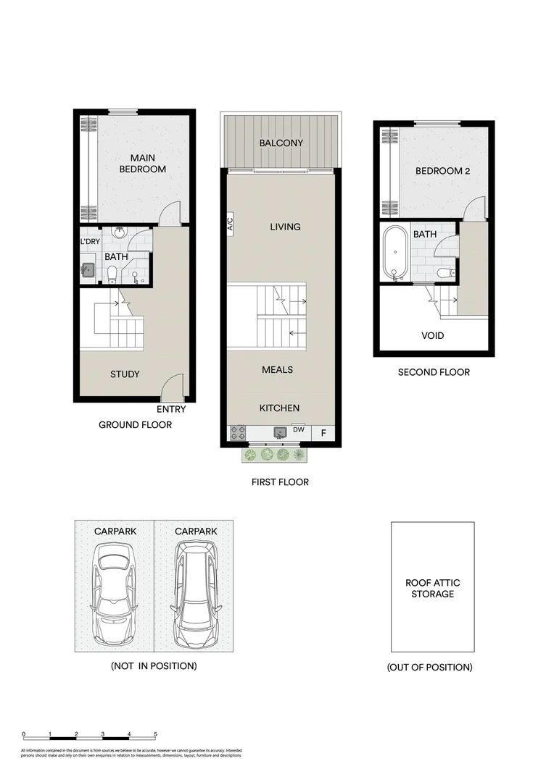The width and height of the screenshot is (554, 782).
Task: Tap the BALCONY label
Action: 281,143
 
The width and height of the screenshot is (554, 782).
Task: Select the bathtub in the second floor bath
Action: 395,253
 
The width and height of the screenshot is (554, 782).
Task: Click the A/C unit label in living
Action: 230,224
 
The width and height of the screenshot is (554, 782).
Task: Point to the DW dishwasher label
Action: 298,429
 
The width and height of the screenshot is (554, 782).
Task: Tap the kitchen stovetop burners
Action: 238,433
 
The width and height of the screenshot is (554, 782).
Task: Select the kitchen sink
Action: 281,433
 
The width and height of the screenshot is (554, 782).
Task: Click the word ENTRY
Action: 171,409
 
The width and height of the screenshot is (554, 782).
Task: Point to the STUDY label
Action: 125,374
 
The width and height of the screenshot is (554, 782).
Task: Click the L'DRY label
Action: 90,242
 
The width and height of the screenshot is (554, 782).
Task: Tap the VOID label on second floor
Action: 433,336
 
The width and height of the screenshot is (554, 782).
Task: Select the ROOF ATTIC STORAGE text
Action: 433,588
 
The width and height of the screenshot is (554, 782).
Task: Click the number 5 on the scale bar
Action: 155,734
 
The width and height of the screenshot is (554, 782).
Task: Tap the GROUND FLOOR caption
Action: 136,425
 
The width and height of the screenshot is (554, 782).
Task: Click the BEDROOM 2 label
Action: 439,172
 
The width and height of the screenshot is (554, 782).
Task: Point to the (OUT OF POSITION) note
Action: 430,667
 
